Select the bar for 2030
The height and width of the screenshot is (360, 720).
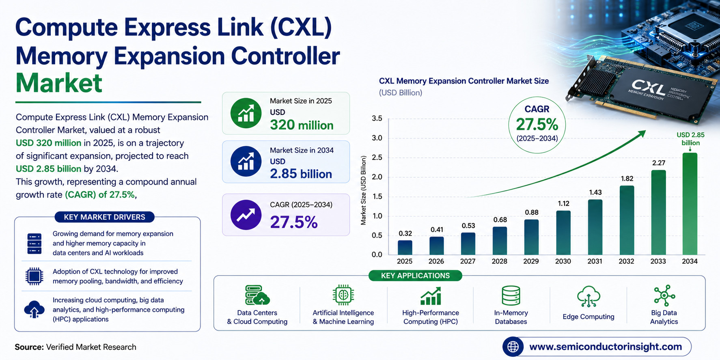point(563,233)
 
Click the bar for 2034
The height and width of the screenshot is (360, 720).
point(690,204)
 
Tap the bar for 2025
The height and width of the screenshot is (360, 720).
point(405,248)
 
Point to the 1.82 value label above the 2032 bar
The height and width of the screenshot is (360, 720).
point(627,179)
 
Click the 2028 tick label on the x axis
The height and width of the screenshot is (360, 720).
point(500,261)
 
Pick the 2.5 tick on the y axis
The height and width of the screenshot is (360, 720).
point(377,157)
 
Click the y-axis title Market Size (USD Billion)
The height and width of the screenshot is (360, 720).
point(363,190)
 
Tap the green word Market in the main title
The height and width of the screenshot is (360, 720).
point(59,83)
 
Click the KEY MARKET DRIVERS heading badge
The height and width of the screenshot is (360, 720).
point(105,217)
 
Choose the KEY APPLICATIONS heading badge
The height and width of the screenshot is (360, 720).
point(415,276)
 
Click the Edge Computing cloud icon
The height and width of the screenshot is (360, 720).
point(589,296)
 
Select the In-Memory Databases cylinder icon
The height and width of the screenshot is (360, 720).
point(511,295)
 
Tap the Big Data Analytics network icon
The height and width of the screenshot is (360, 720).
point(664,295)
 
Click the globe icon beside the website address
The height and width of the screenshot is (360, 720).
point(513,347)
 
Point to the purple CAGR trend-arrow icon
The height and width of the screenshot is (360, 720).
point(246,215)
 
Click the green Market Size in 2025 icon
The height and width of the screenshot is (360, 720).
point(246,113)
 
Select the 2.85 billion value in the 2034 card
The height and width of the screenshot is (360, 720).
point(301,174)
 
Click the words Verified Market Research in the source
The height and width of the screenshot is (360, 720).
point(91,347)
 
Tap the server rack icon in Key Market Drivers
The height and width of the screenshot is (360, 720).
point(34,244)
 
